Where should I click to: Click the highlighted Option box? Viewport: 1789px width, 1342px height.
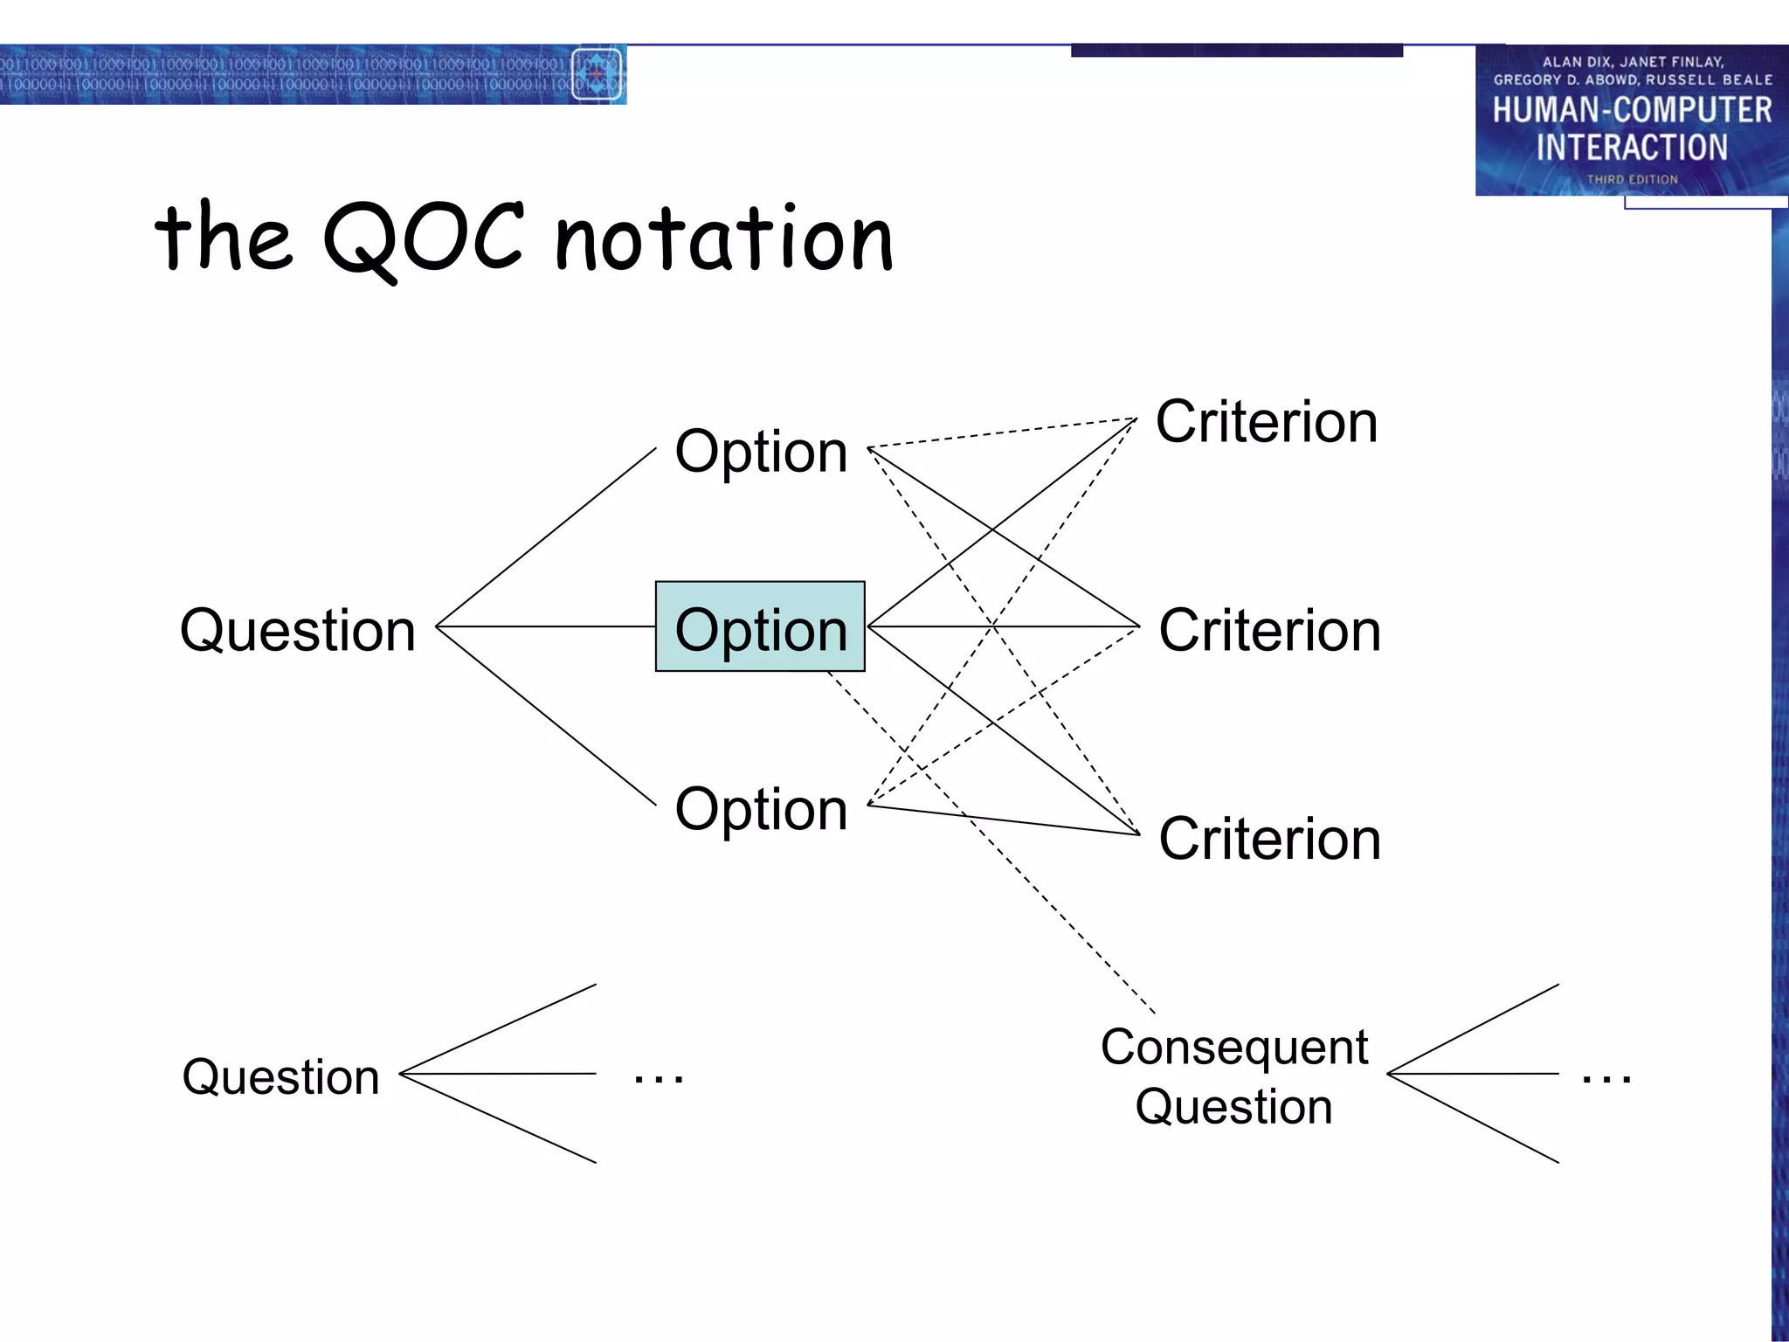coord(760,626)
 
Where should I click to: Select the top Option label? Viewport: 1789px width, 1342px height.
coord(761,452)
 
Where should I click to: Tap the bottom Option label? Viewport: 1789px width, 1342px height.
coord(761,809)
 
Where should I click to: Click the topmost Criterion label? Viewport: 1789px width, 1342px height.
coord(1266,422)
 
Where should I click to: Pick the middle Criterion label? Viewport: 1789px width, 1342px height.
coord(1269,630)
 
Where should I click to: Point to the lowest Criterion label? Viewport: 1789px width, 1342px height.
coord(1269,839)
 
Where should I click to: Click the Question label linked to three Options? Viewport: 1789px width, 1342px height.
coord(297,630)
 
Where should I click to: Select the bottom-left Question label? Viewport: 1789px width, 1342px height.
coord(280,1076)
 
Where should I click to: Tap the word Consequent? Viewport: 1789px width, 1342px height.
coord(1233,1047)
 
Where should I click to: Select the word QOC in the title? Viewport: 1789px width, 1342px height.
coord(424,238)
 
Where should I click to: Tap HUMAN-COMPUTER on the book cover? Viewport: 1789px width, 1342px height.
coord(1632,110)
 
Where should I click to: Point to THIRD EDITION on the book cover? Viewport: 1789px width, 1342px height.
coord(1632,179)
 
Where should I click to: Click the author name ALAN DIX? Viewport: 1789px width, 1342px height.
coord(1576,62)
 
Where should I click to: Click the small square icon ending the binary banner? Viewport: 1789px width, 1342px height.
coord(597,74)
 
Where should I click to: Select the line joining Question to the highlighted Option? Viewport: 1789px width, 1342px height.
coord(546,626)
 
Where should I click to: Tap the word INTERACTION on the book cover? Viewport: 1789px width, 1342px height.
coord(1632,147)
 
